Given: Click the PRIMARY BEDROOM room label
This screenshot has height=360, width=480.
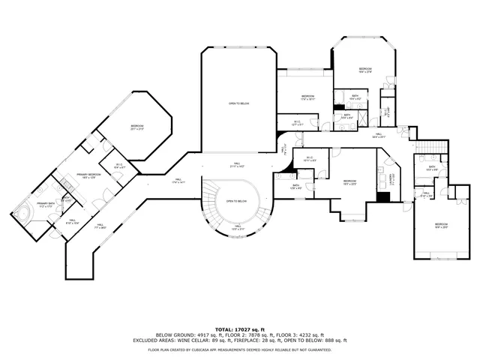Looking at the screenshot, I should coord(89,175).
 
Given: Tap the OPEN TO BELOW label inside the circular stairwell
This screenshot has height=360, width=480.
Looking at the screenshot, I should coord(237,201).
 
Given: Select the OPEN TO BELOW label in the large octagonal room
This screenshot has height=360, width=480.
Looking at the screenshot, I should coord(238,103).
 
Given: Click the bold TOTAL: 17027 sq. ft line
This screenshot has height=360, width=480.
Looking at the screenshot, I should coord(239,329).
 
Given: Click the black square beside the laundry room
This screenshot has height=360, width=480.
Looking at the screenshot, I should coord(383,197).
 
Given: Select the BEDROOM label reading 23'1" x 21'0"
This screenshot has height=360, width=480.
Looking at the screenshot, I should coord(136,127).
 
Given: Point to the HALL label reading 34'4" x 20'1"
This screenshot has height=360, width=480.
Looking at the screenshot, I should coord(378,136).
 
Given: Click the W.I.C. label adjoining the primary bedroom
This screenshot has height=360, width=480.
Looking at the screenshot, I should coord(119,166).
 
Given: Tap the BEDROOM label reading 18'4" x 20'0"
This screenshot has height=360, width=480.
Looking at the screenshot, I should coord(441,225).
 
